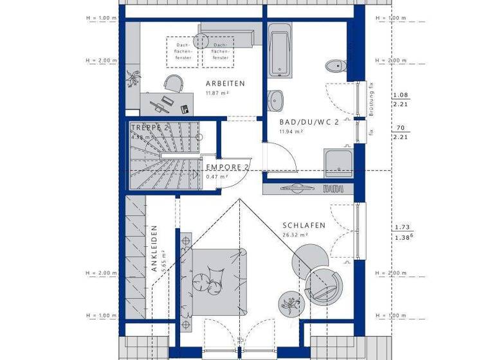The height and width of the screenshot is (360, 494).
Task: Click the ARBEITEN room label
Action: pos(225,84)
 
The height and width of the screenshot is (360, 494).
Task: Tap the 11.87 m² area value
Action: pos(217,94)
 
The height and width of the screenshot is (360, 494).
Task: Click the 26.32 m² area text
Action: pos(295,235)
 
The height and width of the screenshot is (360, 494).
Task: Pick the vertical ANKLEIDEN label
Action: pos(155,250)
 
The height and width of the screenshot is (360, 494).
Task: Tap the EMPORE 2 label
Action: pos(227,167)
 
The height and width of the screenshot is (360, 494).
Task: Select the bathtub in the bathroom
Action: pos(279,50)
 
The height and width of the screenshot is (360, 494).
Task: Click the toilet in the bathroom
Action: pos(336,66)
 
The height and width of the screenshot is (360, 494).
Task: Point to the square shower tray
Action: pos(338,161)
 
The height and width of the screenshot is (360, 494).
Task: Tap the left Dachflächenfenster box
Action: pos(184,51)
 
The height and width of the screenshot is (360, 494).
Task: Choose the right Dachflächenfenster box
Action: pos(219,51)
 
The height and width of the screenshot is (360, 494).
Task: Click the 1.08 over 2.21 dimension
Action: pos(401,99)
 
